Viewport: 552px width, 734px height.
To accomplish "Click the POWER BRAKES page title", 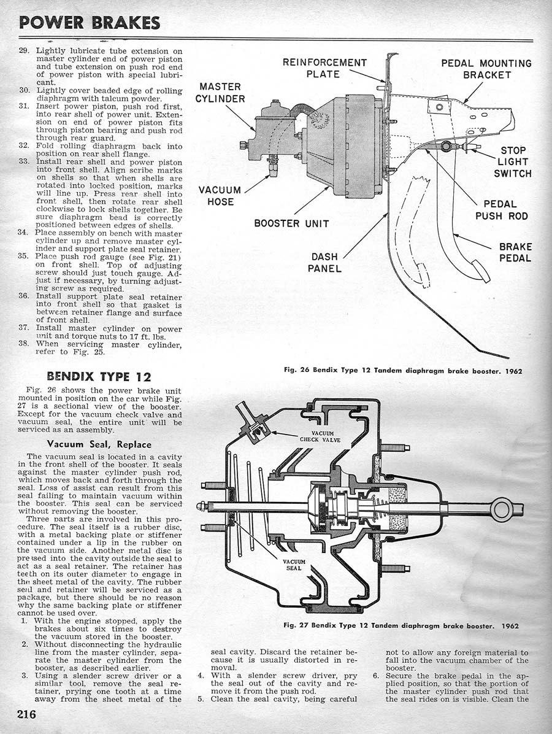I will [90, 22].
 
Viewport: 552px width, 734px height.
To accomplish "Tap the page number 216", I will [27, 714].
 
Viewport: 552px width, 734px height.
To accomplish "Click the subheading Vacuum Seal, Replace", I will [99, 444].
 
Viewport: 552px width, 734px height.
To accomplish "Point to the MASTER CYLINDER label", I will [220, 93].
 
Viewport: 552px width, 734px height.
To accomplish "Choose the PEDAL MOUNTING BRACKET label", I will [487, 69].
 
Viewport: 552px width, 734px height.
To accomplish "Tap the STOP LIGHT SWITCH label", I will [513, 162].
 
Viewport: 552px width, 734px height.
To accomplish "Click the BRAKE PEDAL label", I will [515, 252].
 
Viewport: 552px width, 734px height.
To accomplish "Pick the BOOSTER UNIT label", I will [292, 223].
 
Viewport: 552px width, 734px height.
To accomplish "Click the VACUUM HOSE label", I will [220, 196].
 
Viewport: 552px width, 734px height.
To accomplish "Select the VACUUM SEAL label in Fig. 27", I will [294, 565].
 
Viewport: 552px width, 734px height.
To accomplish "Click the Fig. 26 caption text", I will [403, 371].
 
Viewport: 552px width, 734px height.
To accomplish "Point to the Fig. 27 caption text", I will [402, 626].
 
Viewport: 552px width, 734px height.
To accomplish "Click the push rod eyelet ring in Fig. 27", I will [501, 509].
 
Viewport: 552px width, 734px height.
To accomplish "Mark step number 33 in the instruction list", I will [25, 161].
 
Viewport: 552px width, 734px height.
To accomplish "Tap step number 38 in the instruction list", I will [25, 344].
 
